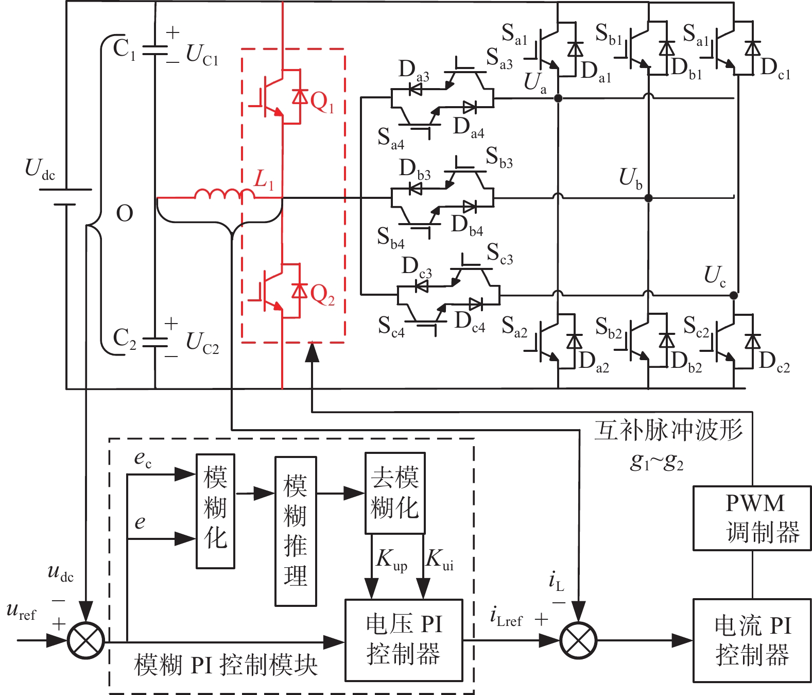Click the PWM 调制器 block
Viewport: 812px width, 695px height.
[752, 518]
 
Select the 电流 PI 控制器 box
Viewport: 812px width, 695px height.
[752, 641]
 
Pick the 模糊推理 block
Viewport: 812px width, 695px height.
[296, 531]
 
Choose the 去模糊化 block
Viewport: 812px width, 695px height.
[395, 493]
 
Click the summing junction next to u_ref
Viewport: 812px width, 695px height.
[86, 641]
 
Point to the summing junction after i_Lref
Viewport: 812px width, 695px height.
[578, 641]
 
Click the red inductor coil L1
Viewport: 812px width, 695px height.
[224, 194]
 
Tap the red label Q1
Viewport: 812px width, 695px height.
[322, 103]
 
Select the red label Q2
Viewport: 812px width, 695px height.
[322, 295]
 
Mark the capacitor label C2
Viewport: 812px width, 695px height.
[124, 338]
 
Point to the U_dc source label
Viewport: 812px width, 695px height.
[40, 169]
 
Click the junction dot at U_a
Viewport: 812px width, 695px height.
[558, 98]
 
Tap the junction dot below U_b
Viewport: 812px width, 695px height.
[648, 198]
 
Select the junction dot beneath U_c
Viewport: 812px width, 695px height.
[733, 295]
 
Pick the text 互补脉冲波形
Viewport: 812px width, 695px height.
[668, 430]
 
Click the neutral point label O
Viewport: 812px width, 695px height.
[125, 213]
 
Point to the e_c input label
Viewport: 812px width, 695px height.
[143, 459]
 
